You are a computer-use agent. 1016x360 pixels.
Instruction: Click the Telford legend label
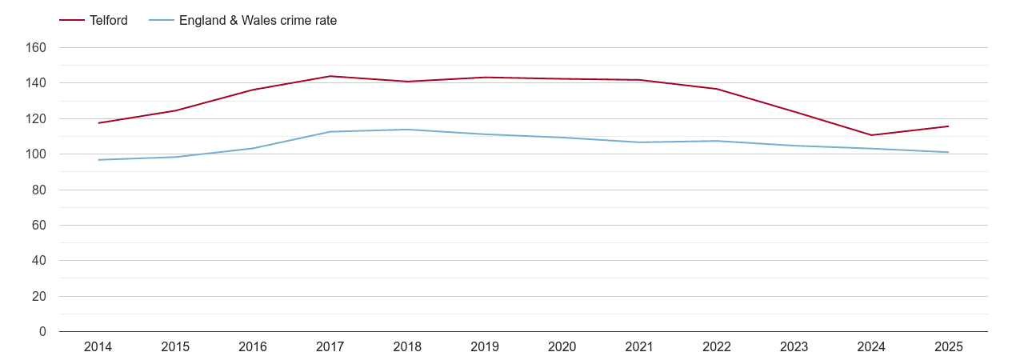click(108, 21)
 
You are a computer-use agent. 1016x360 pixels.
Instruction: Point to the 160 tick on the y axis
click(37, 48)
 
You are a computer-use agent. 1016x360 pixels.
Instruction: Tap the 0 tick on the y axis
click(42, 331)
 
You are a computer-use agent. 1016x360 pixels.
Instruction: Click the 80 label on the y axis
click(39, 190)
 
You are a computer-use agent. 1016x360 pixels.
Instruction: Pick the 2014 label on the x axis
click(98, 347)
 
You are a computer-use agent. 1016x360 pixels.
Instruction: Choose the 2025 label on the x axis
click(949, 347)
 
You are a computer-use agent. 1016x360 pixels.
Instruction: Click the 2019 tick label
click(485, 347)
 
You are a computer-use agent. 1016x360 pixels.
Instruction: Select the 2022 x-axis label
click(717, 347)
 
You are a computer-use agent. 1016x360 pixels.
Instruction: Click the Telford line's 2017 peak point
click(330, 76)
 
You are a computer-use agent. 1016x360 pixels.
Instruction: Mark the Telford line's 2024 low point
click(871, 135)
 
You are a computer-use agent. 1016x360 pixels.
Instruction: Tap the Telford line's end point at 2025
click(949, 126)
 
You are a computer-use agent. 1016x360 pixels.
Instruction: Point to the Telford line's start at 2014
click(98, 123)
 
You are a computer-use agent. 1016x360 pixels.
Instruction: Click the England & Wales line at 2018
click(408, 130)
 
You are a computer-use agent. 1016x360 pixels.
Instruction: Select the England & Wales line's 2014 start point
click(98, 160)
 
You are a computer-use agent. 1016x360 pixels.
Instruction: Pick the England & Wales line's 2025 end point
click(949, 152)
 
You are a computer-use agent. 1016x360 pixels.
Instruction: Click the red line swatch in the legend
click(72, 21)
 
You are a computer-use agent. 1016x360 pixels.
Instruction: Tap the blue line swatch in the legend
click(162, 21)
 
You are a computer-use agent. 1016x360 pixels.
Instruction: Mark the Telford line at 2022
click(717, 89)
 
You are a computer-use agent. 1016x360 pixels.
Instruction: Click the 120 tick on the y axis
click(37, 118)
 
